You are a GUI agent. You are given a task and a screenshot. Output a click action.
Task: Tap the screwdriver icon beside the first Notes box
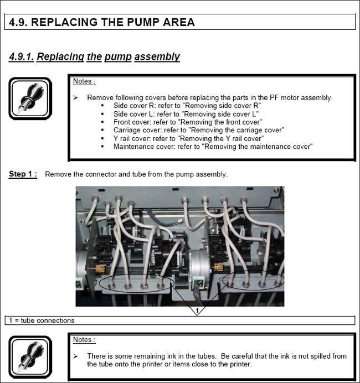(30, 98)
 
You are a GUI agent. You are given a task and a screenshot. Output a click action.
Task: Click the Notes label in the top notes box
(84, 81)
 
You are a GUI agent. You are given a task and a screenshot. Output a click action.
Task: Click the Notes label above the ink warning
(84, 340)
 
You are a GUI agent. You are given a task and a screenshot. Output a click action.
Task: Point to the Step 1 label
(23, 174)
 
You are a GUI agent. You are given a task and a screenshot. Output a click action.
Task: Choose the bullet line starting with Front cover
(187, 122)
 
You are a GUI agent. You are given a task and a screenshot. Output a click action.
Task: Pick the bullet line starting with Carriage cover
(198, 130)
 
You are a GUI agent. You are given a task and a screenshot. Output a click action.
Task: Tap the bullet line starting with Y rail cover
(188, 138)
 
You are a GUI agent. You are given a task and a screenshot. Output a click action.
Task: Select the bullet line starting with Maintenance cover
(213, 147)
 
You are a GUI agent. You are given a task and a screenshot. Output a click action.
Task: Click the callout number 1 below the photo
(198, 310)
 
